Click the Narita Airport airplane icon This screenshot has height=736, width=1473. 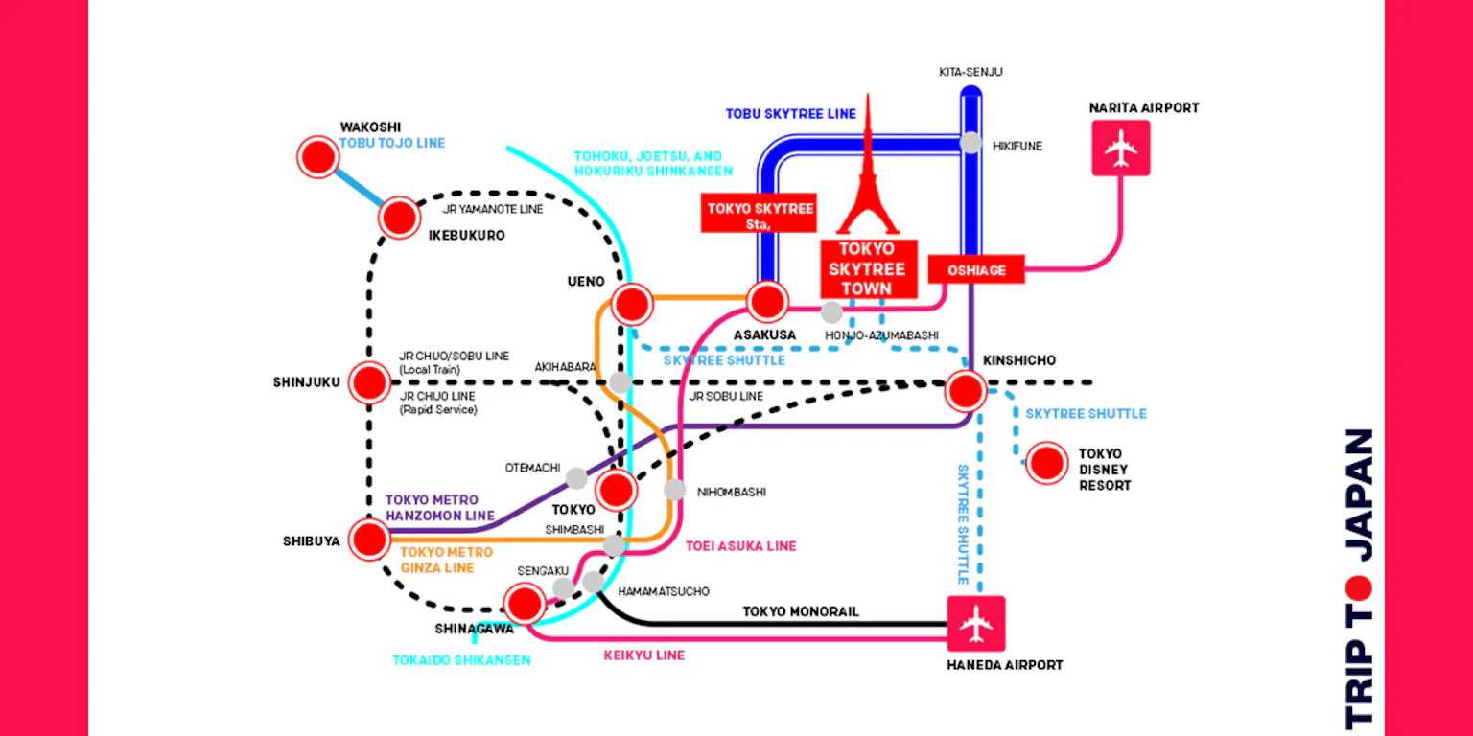pos(1120,148)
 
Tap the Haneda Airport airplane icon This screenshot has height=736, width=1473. pos(976,625)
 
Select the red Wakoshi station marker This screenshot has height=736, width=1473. pos(317,156)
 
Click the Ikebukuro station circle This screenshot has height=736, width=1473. pos(399,218)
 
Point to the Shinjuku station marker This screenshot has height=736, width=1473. pos(369,382)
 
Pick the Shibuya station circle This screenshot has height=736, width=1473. pos(369,540)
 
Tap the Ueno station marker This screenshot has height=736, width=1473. pos(632,304)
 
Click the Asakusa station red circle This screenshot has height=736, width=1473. pos(767,302)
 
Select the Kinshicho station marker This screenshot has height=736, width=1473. pos(965,390)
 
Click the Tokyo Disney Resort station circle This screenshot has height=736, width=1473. pos(1046,463)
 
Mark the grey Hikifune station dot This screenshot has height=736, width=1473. pos(971,143)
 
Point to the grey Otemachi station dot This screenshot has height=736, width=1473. pos(575,478)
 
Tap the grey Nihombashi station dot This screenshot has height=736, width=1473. pos(675,490)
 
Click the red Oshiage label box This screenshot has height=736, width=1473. pos(976,270)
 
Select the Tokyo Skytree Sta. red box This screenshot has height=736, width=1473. pos(760,216)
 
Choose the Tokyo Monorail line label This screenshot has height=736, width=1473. pos(801,611)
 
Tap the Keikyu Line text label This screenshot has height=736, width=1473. pos(643,655)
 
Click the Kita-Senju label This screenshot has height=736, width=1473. pos(970,72)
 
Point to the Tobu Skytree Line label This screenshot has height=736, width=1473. pos(790,114)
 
